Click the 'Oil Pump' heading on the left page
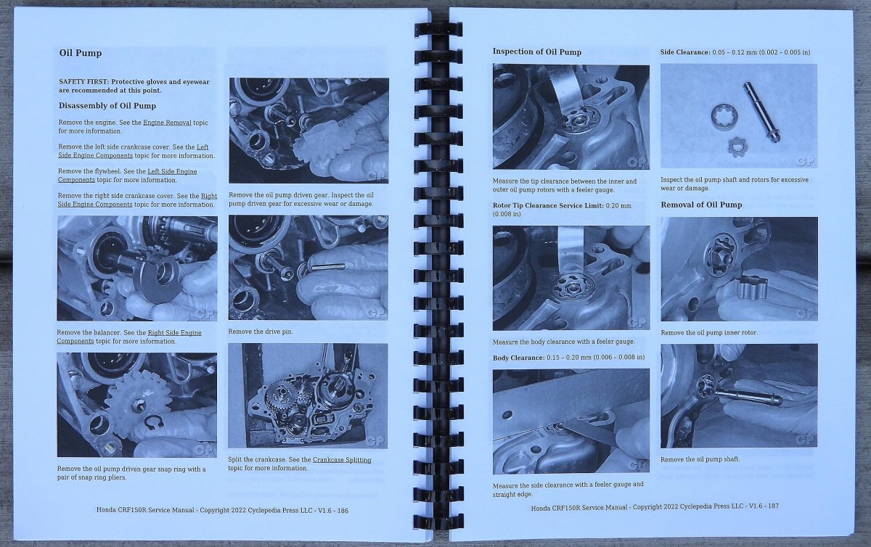coord(81,53)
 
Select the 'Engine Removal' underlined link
coord(167,123)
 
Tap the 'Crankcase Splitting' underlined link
coord(342,460)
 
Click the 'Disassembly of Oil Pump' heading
coord(107,106)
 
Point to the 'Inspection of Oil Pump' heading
coord(537,52)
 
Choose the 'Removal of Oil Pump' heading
coord(701,205)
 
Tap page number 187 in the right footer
coord(774,506)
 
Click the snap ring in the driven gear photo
coord(154,423)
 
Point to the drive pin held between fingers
coord(328,267)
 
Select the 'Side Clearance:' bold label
coord(685,52)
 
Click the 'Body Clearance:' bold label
coord(519,358)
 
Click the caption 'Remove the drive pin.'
coord(261,332)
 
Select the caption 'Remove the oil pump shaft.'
coord(700,459)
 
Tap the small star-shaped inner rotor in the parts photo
coord(737,147)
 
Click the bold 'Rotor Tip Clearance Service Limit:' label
coord(548,205)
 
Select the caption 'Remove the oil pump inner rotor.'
coord(710,333)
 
